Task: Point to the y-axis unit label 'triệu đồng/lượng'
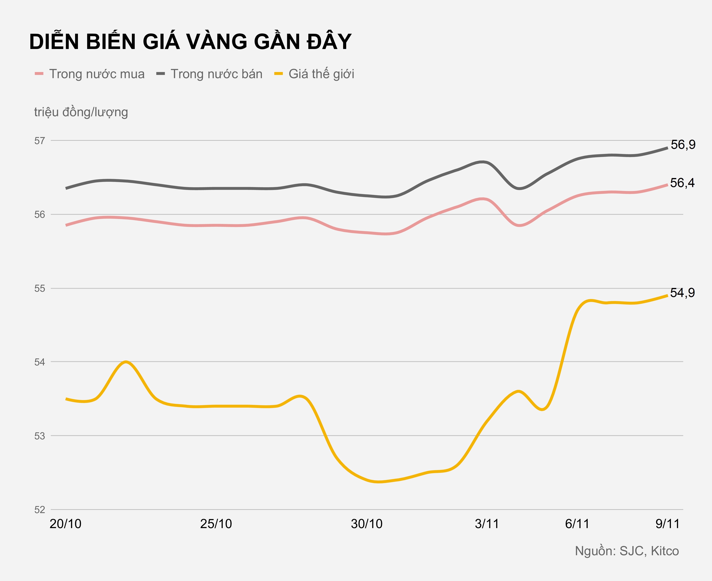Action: click(x=81, y=112)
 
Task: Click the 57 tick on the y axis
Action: click(x=39, y=141)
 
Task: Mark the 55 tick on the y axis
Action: click(x=39, y=288)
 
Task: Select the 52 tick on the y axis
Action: click(x=39, y=509)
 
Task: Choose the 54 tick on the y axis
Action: click(x=39, y=362)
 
